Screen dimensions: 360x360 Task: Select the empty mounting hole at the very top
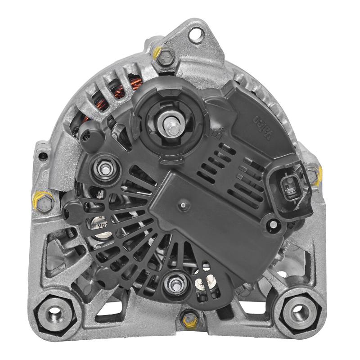[196, 35]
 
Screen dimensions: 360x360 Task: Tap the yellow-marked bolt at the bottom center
[188, 320]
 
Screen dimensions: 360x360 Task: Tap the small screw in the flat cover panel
[183, 205]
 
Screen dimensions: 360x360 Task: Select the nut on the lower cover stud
[172, 283]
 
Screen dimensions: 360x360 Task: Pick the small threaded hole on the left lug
[43, 157]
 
